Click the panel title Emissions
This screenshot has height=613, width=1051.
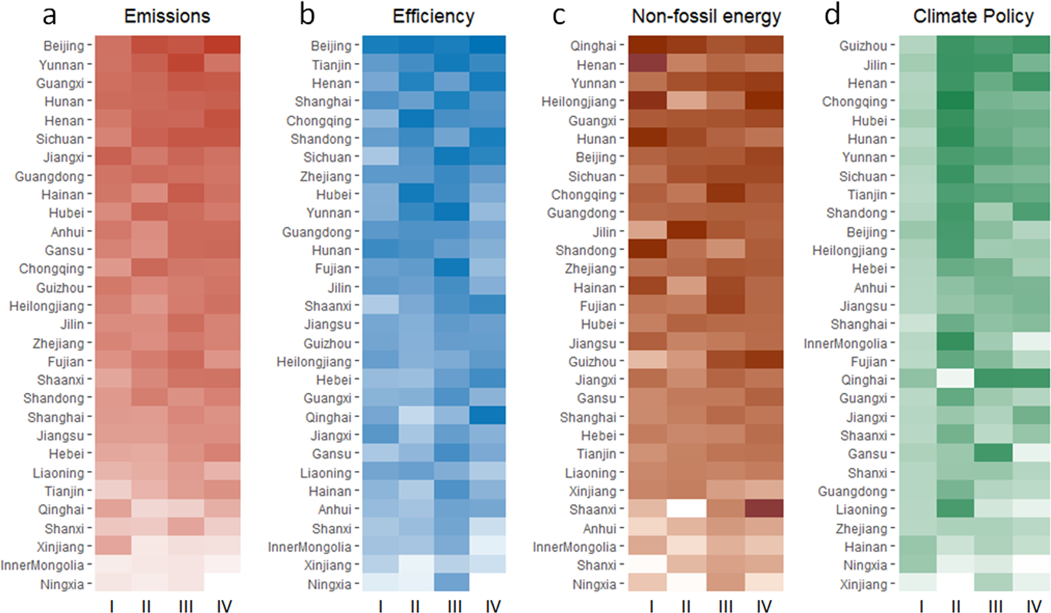pyautogui.click(x=167, y=16)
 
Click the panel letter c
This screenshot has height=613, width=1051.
pyautogui.click(x=558, y=16)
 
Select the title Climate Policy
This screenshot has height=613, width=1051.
pyautogui.click(x=973, y=16)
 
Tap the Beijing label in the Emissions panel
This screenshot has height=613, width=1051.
pyautogui.click(x=64, y=46)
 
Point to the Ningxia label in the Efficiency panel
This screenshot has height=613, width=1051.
pyautogui.click(x=329, y=584)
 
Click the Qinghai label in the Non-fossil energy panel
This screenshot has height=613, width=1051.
pyautogui.click(x=593, y=46)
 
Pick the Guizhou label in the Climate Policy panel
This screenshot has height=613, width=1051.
pyautogui.click(x=863, y=46)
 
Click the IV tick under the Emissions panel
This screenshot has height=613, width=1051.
pyautogui.click(x=224, y=607)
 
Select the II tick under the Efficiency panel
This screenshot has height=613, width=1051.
pyautogui.click(x=415, y=607)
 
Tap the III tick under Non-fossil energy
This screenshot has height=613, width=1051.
pyautogui.click(x=725, y=607)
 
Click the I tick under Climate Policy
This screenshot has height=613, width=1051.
pyautogui.click(x=921, y=607)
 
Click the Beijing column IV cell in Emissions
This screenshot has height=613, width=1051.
pyautogui.click(x=222, y=45)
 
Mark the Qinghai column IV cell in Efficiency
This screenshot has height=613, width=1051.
pyautogui.click(x=487, y=416)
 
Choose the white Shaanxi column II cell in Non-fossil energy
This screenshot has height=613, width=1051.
pyautogui.click(x=686, y=509)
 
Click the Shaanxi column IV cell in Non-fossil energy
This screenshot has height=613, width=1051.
pyautogui.click(x=764, y=509)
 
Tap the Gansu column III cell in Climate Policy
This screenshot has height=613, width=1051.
pyautogui.click(x=993, y=453)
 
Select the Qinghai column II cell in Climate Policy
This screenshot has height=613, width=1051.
pyautogui.click(x=955, y=379)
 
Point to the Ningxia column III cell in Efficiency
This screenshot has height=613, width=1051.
pyautogui.click(x=451, y=582)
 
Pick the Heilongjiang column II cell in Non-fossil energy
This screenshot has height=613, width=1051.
pyautogui.click(x=686, y=101)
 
